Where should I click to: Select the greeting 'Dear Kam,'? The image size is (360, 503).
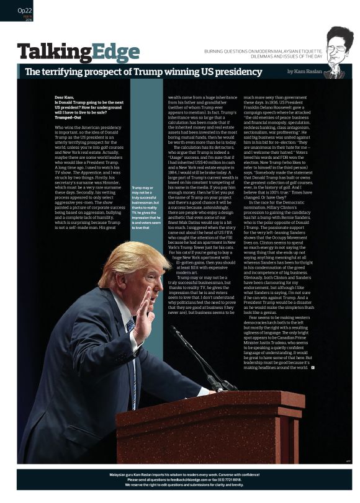65,98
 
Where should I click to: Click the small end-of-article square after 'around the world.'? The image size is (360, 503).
312,367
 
